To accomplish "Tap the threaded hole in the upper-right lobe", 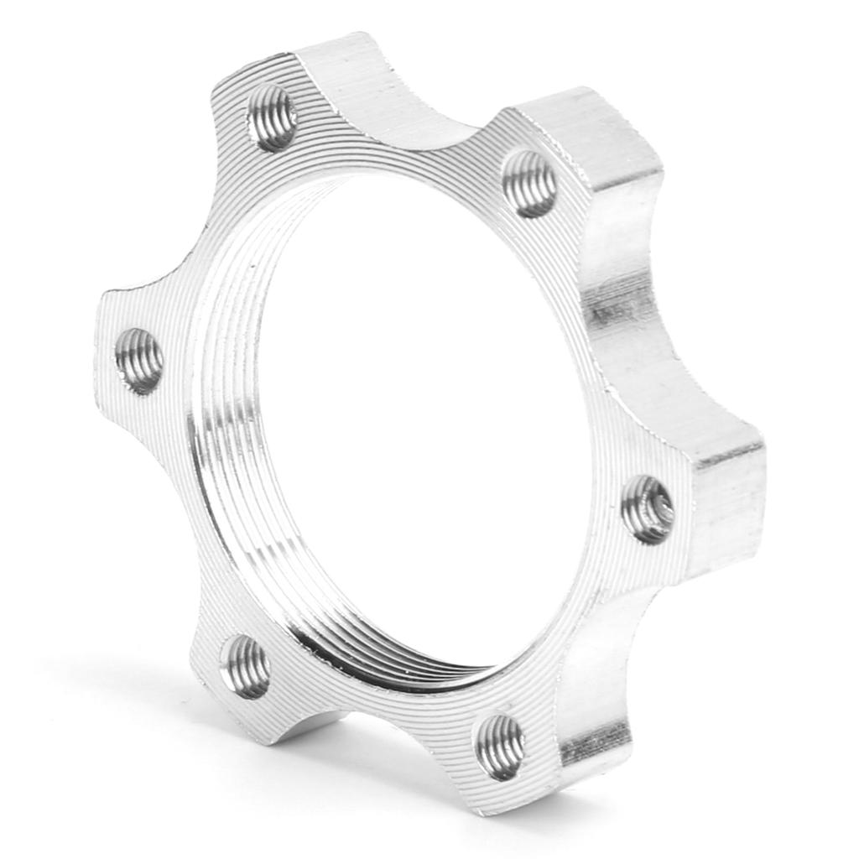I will tap(530, 184).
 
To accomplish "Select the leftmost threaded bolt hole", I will tap(139, 361).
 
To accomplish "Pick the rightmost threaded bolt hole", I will tap(648, 508).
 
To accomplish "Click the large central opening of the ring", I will tap(411, 419).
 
